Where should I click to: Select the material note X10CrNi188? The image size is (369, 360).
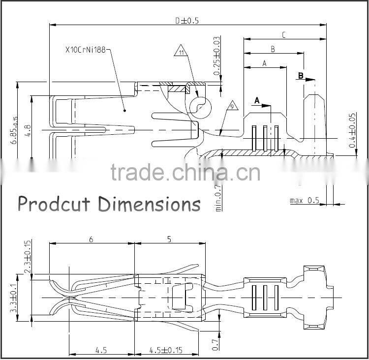pyautogui.click(x=86, y=50)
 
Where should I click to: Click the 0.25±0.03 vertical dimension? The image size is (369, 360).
pyautogui.click(x=216, y=56)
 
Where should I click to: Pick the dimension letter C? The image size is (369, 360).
pyautogui.click(x=284, y=35)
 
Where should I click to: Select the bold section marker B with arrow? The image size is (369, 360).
pyautogui.click(x=302, y=76)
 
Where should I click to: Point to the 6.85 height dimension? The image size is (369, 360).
pyautogui.click(x=15, y=130)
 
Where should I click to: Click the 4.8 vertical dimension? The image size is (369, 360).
pyautogui.click(x=28, y=131)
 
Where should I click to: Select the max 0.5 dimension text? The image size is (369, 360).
pyautogui.click(x=304, y=200)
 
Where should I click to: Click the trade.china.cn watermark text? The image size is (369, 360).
pyautogui.click(x=185, y=173)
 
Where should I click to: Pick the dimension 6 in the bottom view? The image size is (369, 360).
pyautogui.click(x=92, y=240)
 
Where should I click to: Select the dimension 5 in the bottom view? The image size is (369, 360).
pyautogui.click(x=169, y=240)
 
